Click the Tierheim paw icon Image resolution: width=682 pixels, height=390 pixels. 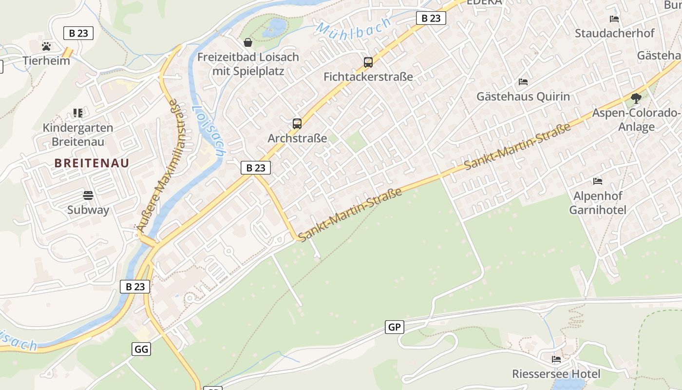[46, 46]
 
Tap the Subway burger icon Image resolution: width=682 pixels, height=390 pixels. [88, 195]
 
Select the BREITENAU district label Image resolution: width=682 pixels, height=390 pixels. [92, 163]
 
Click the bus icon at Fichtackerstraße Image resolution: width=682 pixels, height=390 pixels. [368, 62]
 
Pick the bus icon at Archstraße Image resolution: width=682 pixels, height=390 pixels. [297, 124]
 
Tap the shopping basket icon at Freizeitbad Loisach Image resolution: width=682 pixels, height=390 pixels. [248, 42]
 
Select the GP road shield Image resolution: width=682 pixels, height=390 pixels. [394, 327]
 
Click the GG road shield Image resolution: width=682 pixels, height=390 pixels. [141, 349]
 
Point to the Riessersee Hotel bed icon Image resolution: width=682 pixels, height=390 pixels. [556, 359]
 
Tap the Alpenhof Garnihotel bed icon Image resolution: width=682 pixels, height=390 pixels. [598, 181]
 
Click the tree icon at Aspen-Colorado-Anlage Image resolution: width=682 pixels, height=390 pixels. [636, 98]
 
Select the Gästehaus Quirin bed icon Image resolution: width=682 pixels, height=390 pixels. [523, 81]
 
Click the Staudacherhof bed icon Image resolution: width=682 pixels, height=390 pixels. [614, 19]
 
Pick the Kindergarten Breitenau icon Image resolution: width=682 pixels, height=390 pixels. [77, 113]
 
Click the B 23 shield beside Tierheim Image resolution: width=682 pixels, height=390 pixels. [78, 33]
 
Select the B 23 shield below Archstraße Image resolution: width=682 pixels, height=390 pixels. [256, 168]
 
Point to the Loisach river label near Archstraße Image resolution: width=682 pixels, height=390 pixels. [208, 131]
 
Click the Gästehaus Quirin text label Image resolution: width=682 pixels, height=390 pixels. [523, 97]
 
